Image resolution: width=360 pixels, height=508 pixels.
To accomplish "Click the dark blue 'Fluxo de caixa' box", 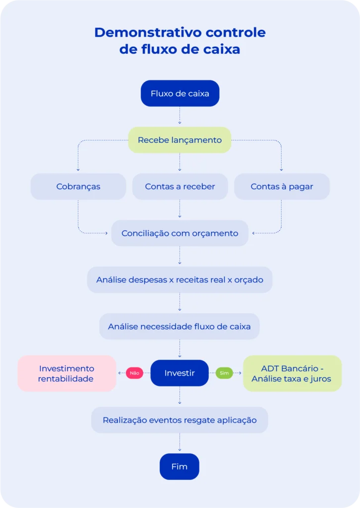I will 180,93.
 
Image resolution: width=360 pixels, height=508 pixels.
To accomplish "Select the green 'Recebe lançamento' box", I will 180,140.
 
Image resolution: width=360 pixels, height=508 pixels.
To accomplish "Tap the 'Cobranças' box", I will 78,187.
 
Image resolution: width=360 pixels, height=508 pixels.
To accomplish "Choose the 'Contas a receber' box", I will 180,187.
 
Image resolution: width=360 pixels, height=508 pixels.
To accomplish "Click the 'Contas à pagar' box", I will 282,187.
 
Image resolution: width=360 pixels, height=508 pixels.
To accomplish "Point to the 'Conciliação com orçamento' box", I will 180,233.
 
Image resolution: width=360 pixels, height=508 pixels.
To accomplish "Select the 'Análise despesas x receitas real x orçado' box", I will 180,280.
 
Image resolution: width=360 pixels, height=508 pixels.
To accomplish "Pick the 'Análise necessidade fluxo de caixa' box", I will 180,326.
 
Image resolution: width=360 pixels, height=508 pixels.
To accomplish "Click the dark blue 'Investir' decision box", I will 180,373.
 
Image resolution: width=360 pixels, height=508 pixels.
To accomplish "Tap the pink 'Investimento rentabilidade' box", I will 66,374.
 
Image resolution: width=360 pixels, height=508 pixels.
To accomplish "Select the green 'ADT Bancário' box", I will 292,374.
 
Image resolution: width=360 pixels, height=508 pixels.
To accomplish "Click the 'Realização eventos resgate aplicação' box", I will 180,420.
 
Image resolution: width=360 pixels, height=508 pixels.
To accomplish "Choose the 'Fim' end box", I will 180,467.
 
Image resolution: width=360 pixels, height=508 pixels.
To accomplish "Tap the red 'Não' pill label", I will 134,373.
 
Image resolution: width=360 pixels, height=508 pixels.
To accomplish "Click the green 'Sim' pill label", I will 224,373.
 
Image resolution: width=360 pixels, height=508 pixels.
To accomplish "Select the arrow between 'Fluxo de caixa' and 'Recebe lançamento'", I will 180,117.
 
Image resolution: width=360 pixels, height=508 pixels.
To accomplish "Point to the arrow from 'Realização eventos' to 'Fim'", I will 180,443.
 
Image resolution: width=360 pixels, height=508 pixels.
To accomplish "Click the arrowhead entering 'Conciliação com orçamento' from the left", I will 106,233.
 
